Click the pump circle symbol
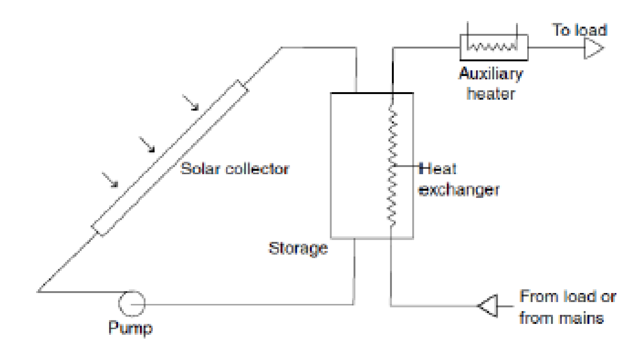pos(132,303)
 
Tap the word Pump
pos(130,328)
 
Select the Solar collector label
pos(235,169)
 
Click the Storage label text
pos(298,248)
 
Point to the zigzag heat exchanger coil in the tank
pos(392,166)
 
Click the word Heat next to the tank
pos(438,169)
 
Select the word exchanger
pos(458,190)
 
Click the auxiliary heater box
pos(493,48)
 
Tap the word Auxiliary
pos(491,74)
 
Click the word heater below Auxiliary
pos(490,94)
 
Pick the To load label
pos(580,30)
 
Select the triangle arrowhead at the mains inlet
pos(489,305)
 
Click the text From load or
pos(568,297)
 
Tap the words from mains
pos(561,318)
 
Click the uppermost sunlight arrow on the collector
pos(191,103)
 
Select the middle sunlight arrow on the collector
pos(147,145)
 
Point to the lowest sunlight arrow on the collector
pos(110,180)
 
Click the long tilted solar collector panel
pos(170,158)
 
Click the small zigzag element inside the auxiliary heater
pos(492,47)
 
